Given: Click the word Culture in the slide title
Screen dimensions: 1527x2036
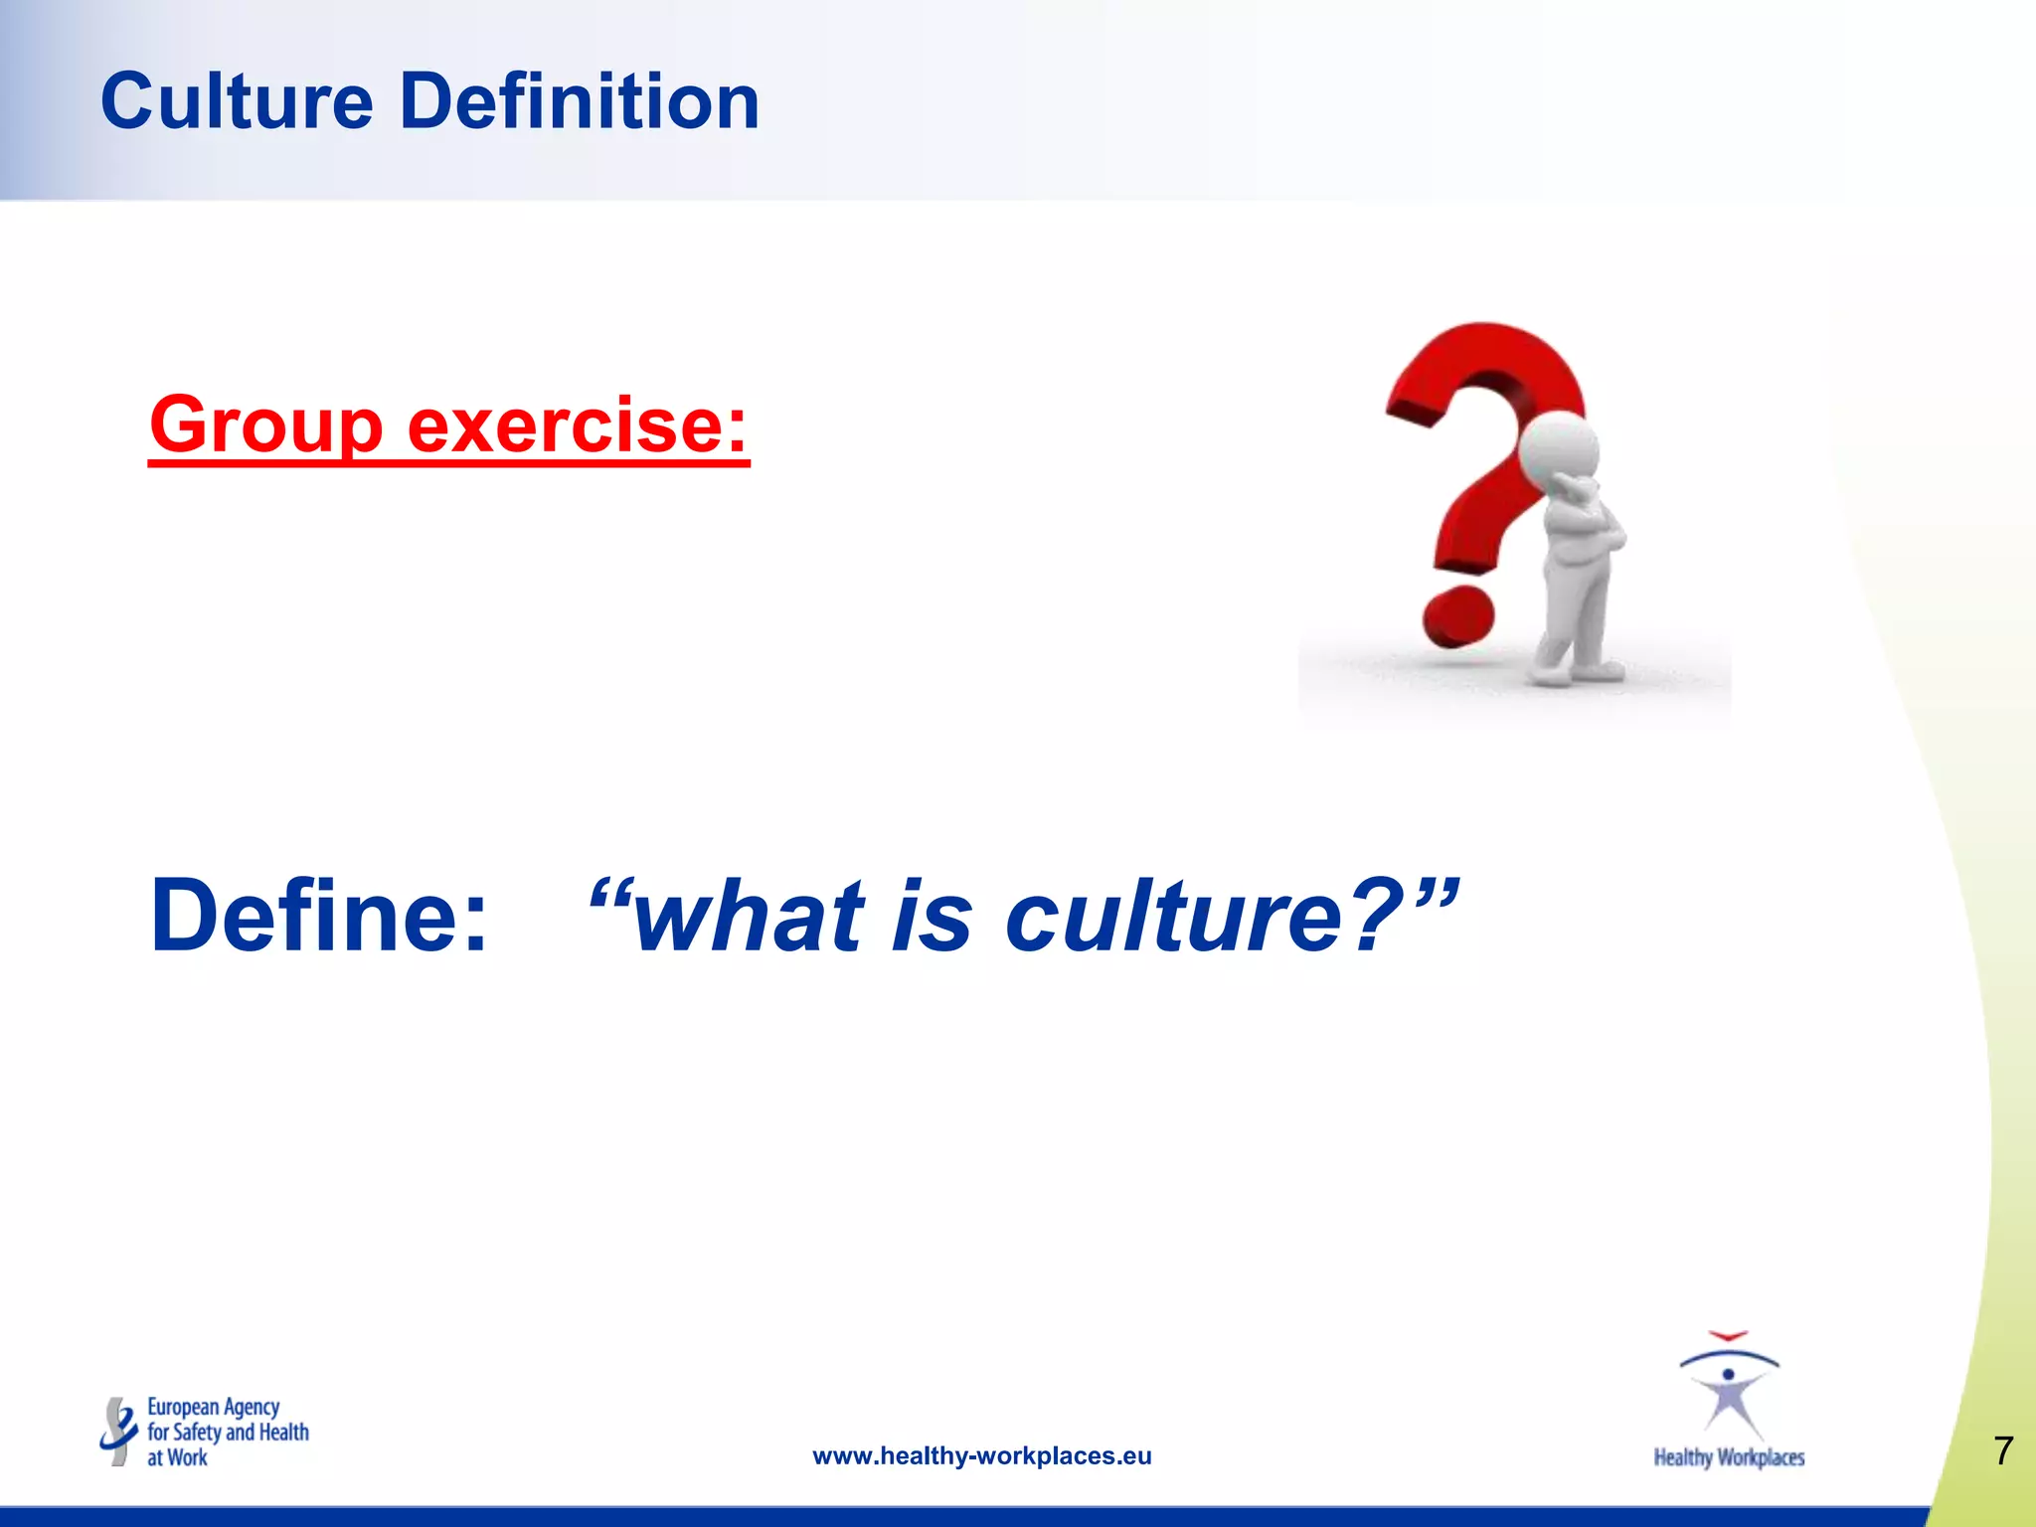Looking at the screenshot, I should [237, 102].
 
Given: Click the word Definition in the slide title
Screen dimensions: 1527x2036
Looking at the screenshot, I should [580, 102].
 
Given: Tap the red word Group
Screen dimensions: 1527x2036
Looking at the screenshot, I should [266, 425].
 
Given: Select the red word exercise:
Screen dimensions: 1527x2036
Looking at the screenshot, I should [577, 425].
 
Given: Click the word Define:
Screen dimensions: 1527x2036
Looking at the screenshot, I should [319, 916].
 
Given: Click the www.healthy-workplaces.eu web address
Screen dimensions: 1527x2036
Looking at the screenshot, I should [981, 1456].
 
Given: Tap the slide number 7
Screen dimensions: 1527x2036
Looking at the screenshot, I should [2003, 1451].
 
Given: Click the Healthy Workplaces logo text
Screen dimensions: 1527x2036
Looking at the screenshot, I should [1729, 1457].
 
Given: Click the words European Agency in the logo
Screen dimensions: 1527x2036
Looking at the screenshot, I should [213, 1407].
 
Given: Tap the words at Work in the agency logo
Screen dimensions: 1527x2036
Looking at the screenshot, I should [177, 1457].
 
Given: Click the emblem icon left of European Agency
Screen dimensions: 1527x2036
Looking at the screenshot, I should [118, 1432].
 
